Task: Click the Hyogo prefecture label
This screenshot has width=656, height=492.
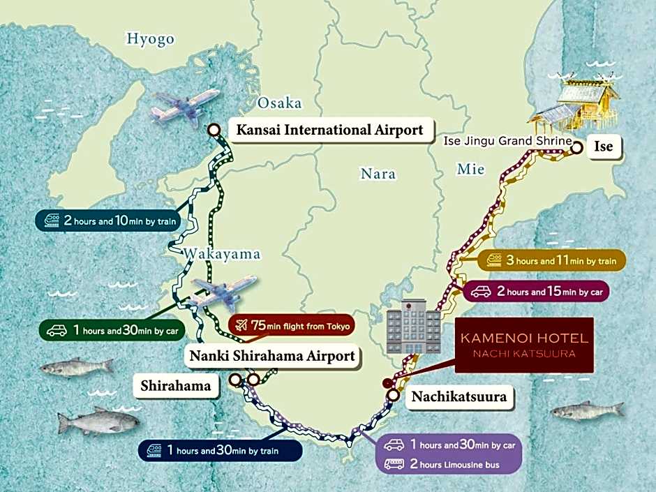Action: coord(150,39)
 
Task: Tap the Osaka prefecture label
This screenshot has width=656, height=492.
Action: coord(279,104)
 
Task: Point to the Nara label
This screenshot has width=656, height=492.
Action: coord(378,174)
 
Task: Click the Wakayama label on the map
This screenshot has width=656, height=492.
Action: coord(222,254)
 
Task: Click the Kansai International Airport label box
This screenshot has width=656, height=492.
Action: coord(329,130)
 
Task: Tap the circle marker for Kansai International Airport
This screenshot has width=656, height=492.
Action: coord(214,129)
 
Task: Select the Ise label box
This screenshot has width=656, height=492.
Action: coord(604,147)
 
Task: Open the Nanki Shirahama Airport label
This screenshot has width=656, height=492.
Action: coord(272,356)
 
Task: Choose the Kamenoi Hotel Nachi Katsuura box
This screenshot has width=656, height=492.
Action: coord(523,345)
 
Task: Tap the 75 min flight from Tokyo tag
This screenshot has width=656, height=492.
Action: coord(291,325)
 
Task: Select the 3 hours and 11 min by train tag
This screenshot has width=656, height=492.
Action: coord(551,261)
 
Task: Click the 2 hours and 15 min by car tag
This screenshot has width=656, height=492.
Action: coord(536,292)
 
